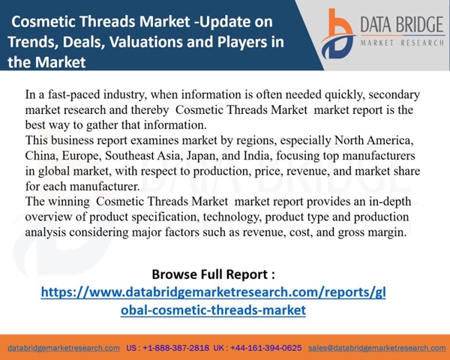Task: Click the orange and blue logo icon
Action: click(x=337, y=34)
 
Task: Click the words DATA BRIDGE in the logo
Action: click(x=402, y=25)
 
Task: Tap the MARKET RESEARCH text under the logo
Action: click(x=402, y=43)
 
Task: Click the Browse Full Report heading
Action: click(x=213, y=274)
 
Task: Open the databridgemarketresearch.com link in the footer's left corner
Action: click(x=64, y=348)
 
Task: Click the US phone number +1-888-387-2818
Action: click(x=176, y=348)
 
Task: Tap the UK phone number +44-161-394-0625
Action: click(x=265, y=348)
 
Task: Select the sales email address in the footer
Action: click(x=376, y=348)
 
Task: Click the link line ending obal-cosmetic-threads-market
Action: click(x=213, y=310)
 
